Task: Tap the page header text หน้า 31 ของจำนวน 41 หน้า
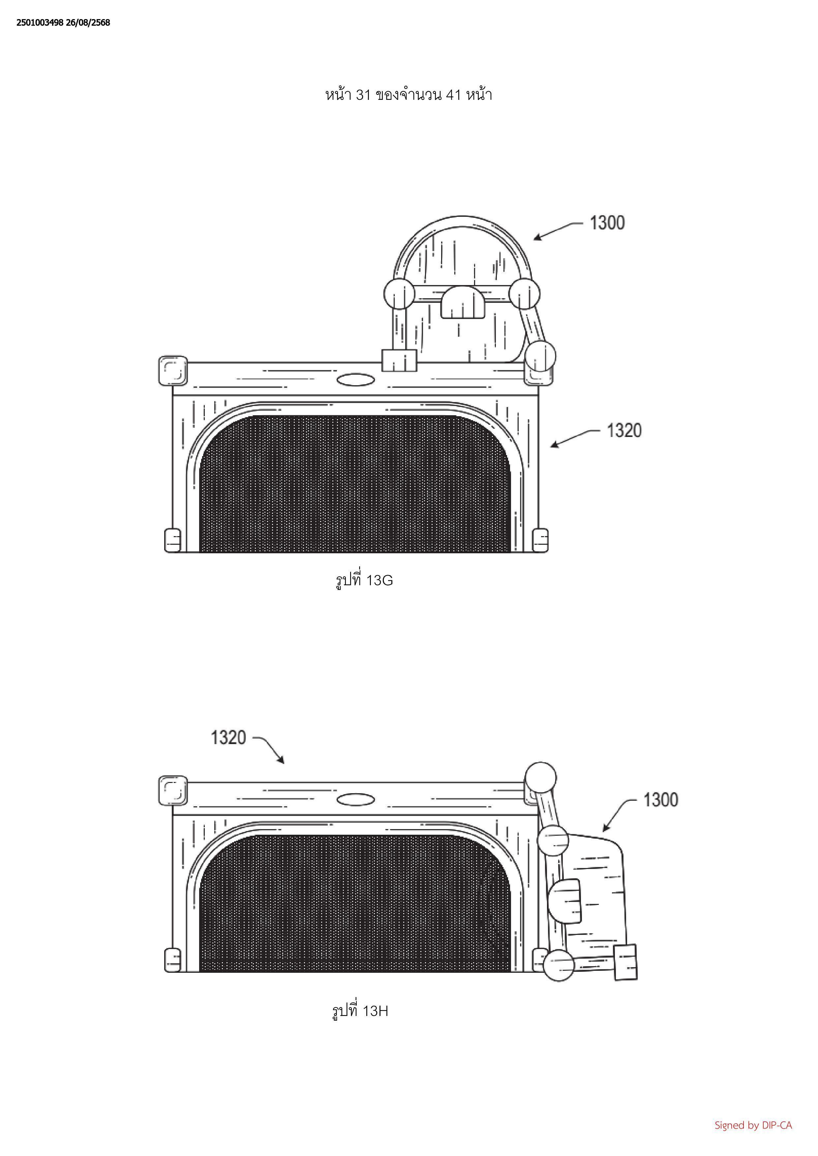[x=409, y=94]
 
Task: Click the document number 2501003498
[x=40, y=23]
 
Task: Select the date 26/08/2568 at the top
[x=88, y=23]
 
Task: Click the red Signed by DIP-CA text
[x=753, y=1125]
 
